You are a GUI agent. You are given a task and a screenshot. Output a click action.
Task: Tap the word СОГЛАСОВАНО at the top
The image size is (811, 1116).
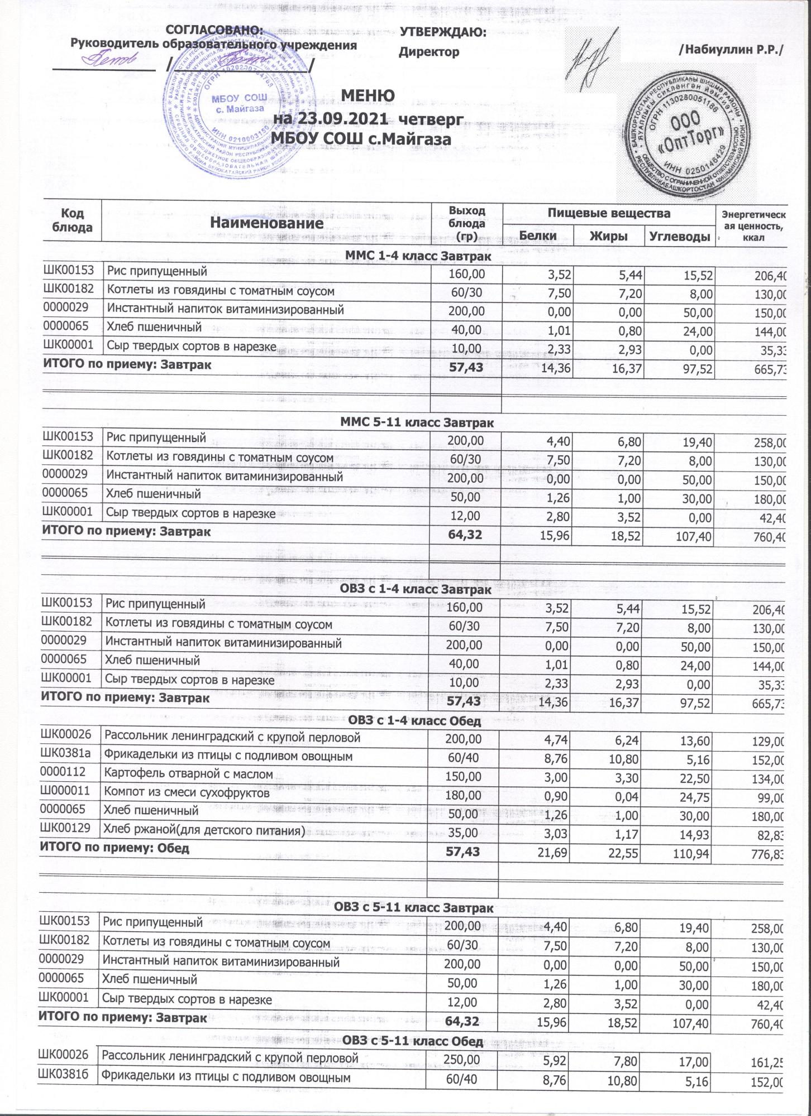click(x=215, y=30)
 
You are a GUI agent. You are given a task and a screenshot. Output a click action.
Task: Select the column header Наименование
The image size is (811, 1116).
click(x=266, y=223)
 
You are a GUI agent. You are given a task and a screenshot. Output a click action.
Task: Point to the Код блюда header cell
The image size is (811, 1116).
click(x=72, y=220)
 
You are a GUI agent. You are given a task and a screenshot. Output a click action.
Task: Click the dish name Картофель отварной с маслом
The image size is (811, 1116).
click(x=189, y=774)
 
